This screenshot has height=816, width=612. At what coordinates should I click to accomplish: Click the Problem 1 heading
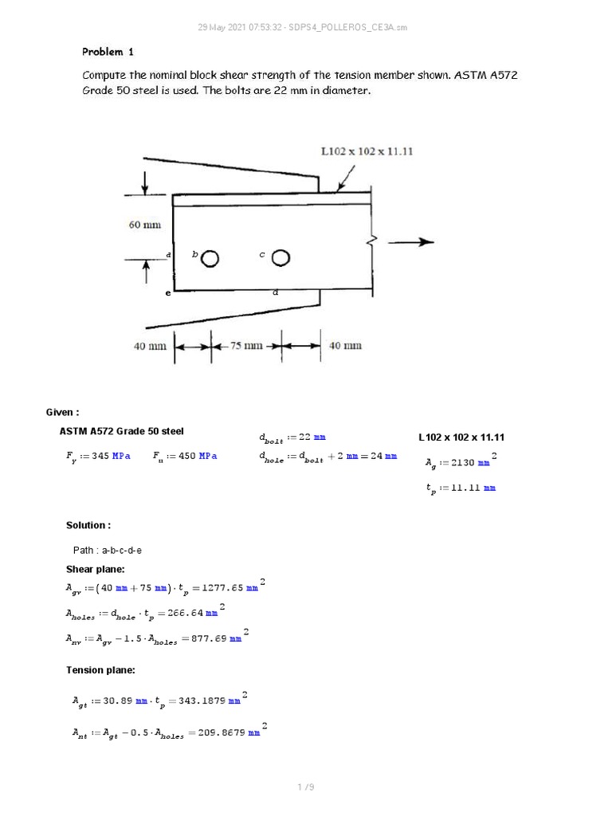[x=108, y=52]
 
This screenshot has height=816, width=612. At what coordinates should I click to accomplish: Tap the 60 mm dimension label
[x=145, y=225]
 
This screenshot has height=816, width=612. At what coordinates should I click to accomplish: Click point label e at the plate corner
[x=168, y=293]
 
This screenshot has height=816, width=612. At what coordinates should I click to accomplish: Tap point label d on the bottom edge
[x=275, y=292]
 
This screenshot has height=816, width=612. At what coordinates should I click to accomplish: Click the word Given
[x=62, y=412]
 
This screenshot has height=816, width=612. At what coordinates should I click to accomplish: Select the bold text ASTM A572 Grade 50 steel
[x=121, y=431]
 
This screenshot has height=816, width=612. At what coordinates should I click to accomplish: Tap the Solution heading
[x=88, y=525]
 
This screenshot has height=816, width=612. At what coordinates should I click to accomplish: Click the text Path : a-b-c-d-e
[x=108, y=550]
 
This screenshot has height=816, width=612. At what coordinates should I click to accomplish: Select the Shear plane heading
[x=95, y=569]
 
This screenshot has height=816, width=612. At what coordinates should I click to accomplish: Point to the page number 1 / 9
[x=306, y=787]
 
